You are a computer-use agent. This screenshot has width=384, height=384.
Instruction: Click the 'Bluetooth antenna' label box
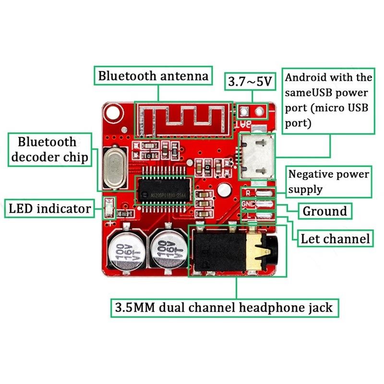tap(153, 76)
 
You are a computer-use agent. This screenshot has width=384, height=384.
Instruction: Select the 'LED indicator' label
tap(50, 209)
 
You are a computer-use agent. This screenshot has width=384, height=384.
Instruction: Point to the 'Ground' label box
tap(324, 211)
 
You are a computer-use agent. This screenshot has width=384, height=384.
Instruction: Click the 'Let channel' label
tap(335, 238)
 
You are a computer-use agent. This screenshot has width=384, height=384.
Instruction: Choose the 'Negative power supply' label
tap(329, 181)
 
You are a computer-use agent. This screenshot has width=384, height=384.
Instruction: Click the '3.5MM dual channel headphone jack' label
tap(223, 307)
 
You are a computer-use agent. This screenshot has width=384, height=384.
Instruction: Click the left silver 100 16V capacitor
tap(123, 251)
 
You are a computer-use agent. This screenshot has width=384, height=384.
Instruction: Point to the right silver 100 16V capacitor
tap(167, 252)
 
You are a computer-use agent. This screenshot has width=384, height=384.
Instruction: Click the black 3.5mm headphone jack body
tap(223, 252)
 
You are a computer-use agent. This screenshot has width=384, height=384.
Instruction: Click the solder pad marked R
tap(264, 193)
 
